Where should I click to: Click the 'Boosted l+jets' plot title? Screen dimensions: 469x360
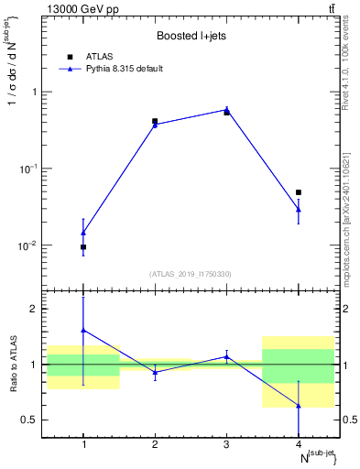point(191,37)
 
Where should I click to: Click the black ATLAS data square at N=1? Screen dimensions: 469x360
point(83,247)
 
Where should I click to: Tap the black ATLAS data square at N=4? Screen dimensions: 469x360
point(299,192)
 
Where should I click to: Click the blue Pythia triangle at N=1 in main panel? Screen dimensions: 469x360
point(83,233)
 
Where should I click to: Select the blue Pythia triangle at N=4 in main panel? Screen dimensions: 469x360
point(299,210)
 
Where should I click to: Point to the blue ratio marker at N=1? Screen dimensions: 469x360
point(83,330)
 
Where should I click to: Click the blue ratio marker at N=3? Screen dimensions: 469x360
point(226,357)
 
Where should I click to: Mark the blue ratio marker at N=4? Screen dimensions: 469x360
point(299,406)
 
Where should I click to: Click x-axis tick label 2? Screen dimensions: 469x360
point(155,445)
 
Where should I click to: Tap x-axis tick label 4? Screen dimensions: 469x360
point(299,445)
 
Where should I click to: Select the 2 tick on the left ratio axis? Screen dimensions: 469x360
point(36,309)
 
